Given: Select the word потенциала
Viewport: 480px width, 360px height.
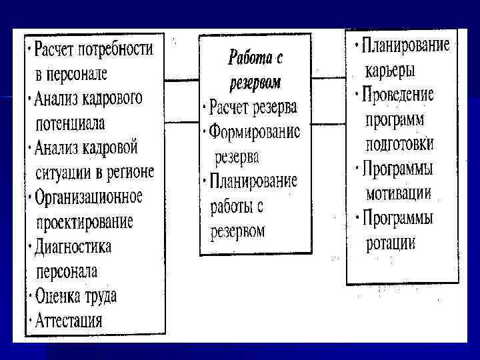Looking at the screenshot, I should coord(69,123).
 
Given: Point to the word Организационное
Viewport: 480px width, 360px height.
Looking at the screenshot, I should coord(89,197).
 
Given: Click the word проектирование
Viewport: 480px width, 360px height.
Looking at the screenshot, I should coord(84,221).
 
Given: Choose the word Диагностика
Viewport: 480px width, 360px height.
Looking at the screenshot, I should coord(73,246).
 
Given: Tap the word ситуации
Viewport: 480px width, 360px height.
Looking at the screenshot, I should coord(62,172).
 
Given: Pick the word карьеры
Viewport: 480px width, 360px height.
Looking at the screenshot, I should coord(391,70).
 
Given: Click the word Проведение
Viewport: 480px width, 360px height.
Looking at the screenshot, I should coord(399,94).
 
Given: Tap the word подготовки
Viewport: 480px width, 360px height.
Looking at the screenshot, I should coord(400,143).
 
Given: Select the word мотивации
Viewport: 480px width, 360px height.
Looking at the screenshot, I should coord(399,193).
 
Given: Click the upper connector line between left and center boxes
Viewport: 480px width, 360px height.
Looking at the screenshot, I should coord(182,81).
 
